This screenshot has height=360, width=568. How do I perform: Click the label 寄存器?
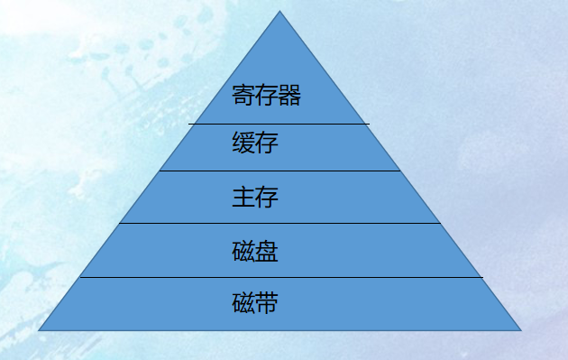click(x=266, y=96)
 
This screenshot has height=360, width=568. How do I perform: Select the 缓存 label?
click(x=254, y=144)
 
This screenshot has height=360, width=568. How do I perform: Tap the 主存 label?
click(x=254, y=197)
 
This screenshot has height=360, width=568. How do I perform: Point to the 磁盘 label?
click(x=254, y=251)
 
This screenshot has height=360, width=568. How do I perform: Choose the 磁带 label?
click(x=254, y=303)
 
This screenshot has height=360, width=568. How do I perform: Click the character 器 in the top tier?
click(x=289, y=96)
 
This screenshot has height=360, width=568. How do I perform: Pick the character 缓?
click(x=243, y=144)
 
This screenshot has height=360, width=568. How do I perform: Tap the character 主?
click(x=243, y=197)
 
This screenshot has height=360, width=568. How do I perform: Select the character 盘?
click(x=266, y=251)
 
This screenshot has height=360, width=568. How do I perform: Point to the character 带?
click(x=266, y=303)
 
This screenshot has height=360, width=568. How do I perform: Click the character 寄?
click(x=243, y=96)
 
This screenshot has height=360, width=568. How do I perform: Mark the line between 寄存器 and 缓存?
click(x=279, y=123)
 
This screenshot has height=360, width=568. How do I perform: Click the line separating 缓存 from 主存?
click(x=279, y=171)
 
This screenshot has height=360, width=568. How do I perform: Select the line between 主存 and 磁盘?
click(x=279, y=223)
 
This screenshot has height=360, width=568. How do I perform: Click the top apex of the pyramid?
click(x=279, y=12)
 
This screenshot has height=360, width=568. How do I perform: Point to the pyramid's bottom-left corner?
click(x=39, y=330)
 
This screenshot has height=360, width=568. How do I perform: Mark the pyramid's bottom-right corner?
click(x=521, y=330)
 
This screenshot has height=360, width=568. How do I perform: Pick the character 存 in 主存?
click(x=266, y=197)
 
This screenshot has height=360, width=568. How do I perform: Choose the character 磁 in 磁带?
click(x=243, y=303)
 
